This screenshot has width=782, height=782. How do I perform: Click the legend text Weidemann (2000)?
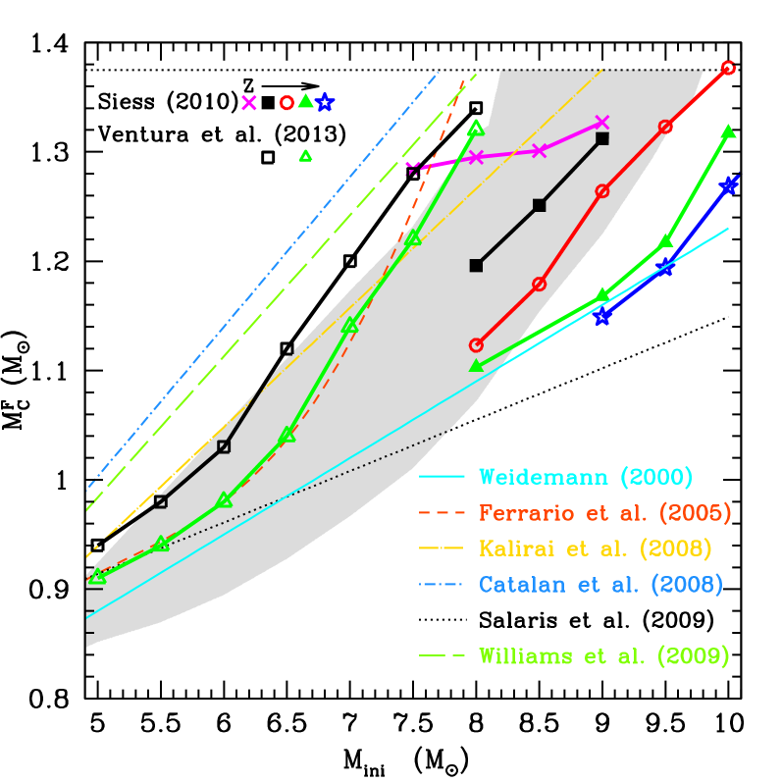(x=586, y=477)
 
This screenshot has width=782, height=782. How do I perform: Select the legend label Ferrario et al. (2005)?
(x=604, y=512)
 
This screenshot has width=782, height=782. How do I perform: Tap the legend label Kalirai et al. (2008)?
(x=595, y=548)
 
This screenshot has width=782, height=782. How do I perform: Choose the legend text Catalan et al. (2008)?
(x=600, y=584)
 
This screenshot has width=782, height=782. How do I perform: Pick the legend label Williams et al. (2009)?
(x=603, y=656)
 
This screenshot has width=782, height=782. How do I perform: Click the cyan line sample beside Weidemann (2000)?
(x=442, y=477)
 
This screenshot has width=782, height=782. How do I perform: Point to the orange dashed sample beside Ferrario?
(x=442, y=512)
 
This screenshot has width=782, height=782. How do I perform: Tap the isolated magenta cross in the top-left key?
(x=249, y=102)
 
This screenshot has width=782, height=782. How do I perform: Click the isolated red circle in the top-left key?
(x=287, y=102)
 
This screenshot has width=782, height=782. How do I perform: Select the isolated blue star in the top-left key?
(x=325, y=102)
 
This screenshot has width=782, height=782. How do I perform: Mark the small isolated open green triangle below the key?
(x=305, y=155)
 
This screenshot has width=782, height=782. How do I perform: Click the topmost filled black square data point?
(x=602, y=138)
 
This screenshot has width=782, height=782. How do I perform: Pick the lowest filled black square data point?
(x=476, y=265)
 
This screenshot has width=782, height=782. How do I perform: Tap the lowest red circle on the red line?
(x=476, y=345)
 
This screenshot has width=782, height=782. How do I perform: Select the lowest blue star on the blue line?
(x=602, y=317)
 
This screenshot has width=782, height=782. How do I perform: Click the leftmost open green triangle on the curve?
(x=96, y=577)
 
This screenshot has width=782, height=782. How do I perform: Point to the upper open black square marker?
(x=224, y=446)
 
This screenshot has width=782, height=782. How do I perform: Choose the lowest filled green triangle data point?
(x=476, y=365)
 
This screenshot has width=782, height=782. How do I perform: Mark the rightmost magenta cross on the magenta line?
(x=602, y=123)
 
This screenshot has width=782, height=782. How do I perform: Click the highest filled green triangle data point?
(x=729, y=131)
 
